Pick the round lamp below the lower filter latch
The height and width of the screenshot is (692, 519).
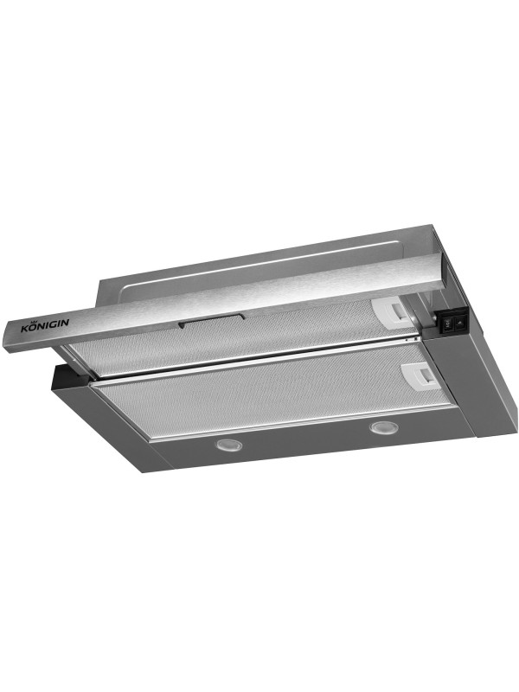coord(381,427)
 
